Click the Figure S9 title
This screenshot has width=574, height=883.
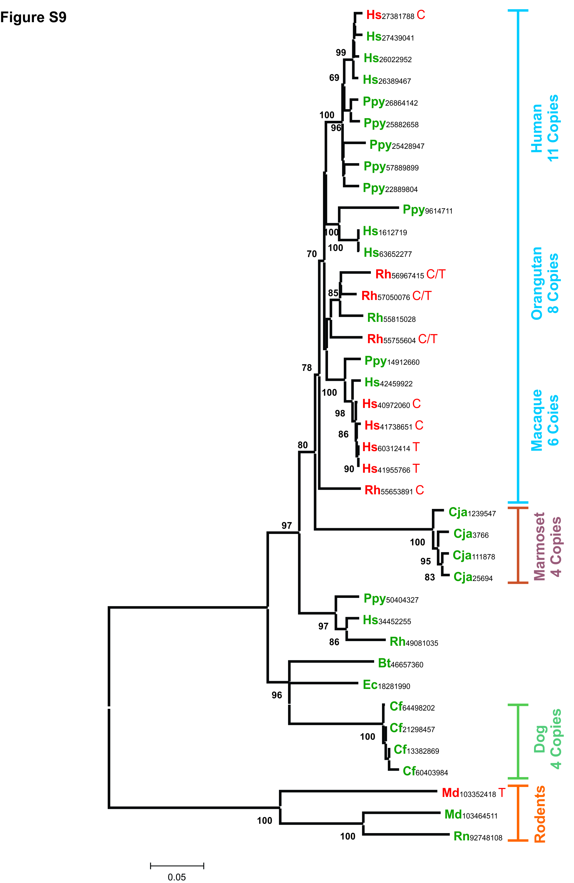tap(33, 18)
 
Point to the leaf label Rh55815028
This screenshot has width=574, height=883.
tap(391, 318)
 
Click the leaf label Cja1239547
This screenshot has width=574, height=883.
tap(472, 512)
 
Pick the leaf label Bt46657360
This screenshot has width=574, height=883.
tap(400, 663)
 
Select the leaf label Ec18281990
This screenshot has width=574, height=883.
tap(386, 685)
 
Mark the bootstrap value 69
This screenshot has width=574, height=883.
tap(334, 78)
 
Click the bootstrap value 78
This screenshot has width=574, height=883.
tap(306, 368)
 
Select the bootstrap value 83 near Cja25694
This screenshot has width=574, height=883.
tap(430, 577)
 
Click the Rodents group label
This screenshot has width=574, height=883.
tap(540, 814)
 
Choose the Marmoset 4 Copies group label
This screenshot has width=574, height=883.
tap(547, 546)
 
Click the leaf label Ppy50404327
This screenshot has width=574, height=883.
tap(391, 599)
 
